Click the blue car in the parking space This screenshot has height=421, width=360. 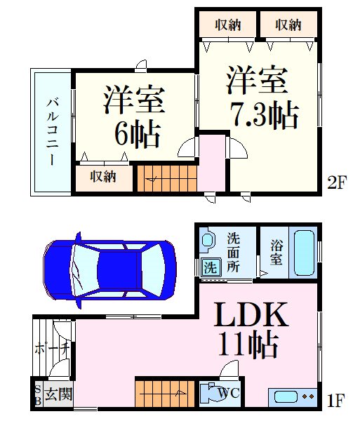109,270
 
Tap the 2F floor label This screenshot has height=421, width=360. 337,182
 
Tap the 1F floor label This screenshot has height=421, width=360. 336,401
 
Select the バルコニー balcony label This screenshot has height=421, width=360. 53,132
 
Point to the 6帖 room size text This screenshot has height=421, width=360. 138,134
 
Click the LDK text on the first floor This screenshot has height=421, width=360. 251,314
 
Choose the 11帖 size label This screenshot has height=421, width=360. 248,345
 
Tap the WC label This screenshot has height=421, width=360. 229,394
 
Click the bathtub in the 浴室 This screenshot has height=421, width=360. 304,253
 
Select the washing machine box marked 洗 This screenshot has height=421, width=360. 211,267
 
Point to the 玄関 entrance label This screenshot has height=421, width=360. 58,394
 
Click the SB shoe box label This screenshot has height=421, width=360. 39,394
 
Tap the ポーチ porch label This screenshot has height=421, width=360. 52,349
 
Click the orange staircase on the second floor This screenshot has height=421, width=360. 167,178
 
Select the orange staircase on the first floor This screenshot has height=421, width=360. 165,394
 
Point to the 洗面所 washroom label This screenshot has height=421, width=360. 233,253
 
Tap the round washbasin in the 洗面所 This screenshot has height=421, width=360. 208,240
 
